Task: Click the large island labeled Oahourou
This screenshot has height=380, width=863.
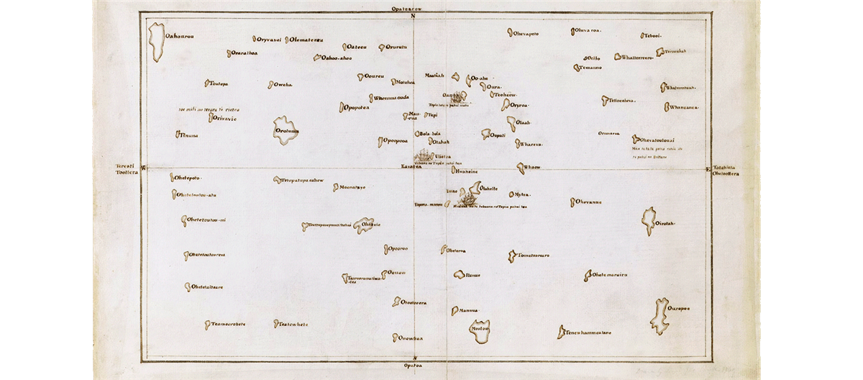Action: (x=155, y=42)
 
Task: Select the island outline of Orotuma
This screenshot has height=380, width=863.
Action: (x=286, y=131)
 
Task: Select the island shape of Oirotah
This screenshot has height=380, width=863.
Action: (x=649, y=222)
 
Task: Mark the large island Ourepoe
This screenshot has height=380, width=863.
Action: (x=658, y=315)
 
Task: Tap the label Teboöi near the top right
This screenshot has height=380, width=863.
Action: (x=653, y=35)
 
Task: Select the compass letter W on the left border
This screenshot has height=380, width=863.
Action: (x=142, y=168)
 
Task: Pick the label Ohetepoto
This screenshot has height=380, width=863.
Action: (x=188, y=177)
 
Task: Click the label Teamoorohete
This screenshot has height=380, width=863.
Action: (x=229, y=324)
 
